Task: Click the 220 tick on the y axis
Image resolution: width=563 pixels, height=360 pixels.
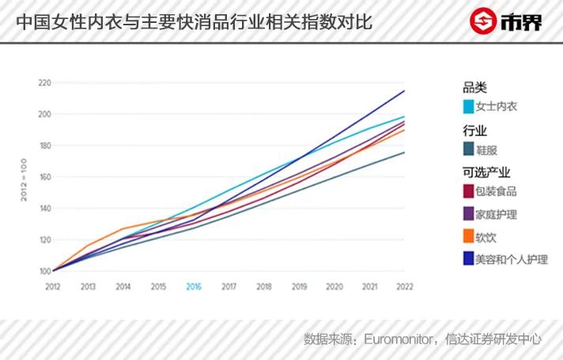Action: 44,83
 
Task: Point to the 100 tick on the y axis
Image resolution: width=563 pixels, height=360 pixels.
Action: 44,271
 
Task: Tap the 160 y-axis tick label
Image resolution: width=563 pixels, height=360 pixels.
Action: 44,177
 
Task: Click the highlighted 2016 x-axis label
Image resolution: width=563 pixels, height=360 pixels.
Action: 194,286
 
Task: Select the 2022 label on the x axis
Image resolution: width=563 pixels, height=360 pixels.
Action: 405,286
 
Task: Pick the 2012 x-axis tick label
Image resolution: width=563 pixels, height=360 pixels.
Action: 53,286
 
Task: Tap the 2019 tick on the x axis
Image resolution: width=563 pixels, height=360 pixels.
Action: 299,286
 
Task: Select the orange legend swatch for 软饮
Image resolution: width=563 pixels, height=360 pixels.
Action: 468,236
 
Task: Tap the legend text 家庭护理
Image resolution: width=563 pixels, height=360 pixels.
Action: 497,214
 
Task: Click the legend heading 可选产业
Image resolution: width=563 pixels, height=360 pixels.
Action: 486,172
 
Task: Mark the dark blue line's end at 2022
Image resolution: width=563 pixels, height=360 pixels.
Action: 405,91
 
